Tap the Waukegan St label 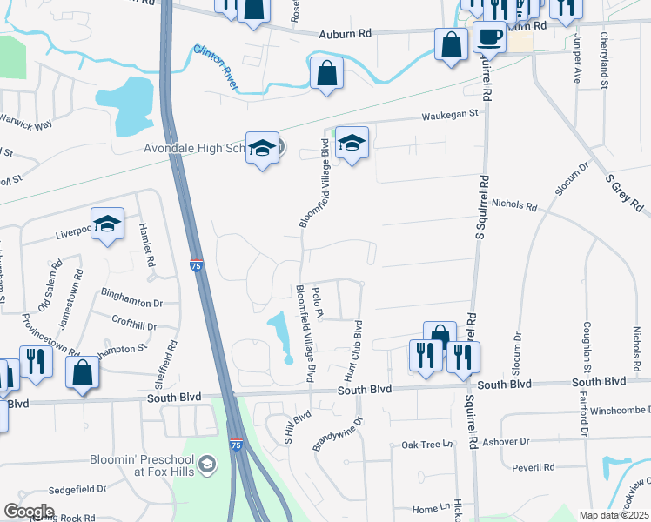(450, 114)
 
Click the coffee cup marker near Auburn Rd (489, 38)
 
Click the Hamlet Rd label (145, 244)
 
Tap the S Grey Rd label (624, 192)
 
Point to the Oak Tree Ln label (427, 445)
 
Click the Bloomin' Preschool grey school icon (206, 466)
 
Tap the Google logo (30, 512)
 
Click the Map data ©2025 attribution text (614, 515)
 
